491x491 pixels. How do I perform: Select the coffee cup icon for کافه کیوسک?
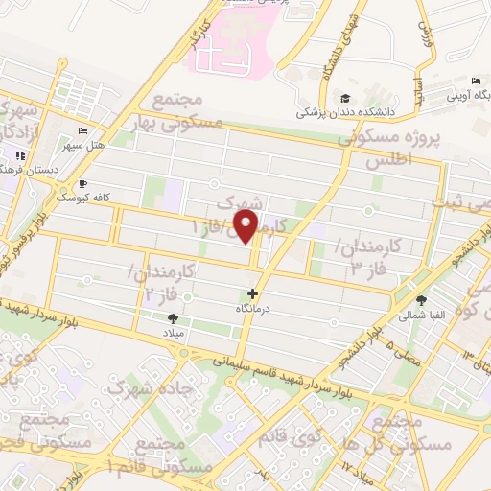(x=82, y=183)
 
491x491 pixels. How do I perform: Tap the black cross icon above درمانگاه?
(x=253, y=293)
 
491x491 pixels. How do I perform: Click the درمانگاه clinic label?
(x=252, y=310)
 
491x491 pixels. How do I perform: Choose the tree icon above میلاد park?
(x=173, y=317)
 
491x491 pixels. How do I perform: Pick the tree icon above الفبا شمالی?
(x=421, y=300)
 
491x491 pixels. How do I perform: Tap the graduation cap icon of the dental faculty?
(x=344, y=98)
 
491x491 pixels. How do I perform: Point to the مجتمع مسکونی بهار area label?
(x=185, y=112)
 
